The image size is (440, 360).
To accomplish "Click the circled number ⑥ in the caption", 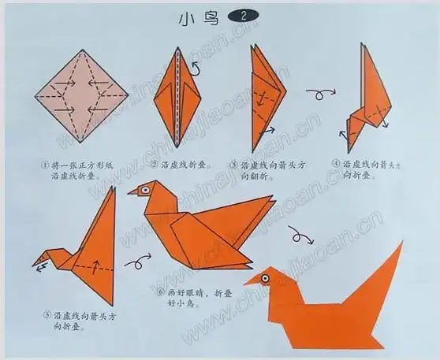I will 159,292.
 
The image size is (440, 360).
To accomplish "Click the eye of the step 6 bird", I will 144,189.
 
